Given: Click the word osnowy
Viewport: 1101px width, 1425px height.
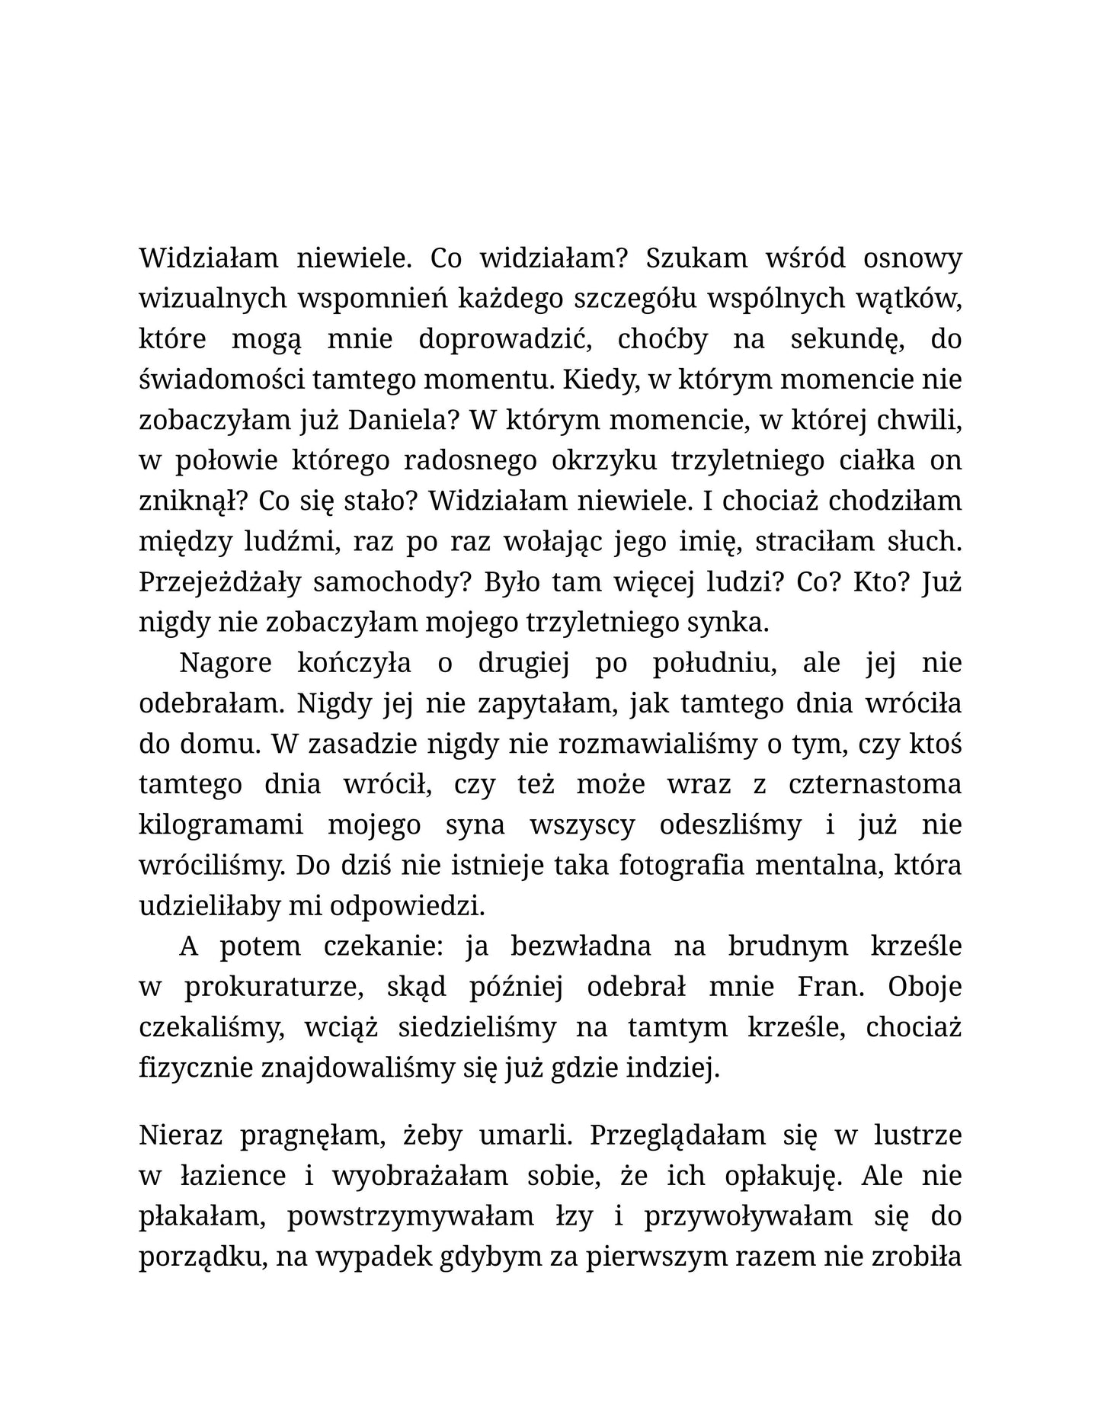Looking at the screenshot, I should pyautogui.click(x=912, y=258).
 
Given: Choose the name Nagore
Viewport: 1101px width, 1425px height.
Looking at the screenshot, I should pyautogui.click(x=226, y=663).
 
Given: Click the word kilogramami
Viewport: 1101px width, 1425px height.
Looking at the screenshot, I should pyautogui.click(x=221, y=825).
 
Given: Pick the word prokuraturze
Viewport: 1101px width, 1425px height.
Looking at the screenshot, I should pyautogui.click(x=274, y=987).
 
